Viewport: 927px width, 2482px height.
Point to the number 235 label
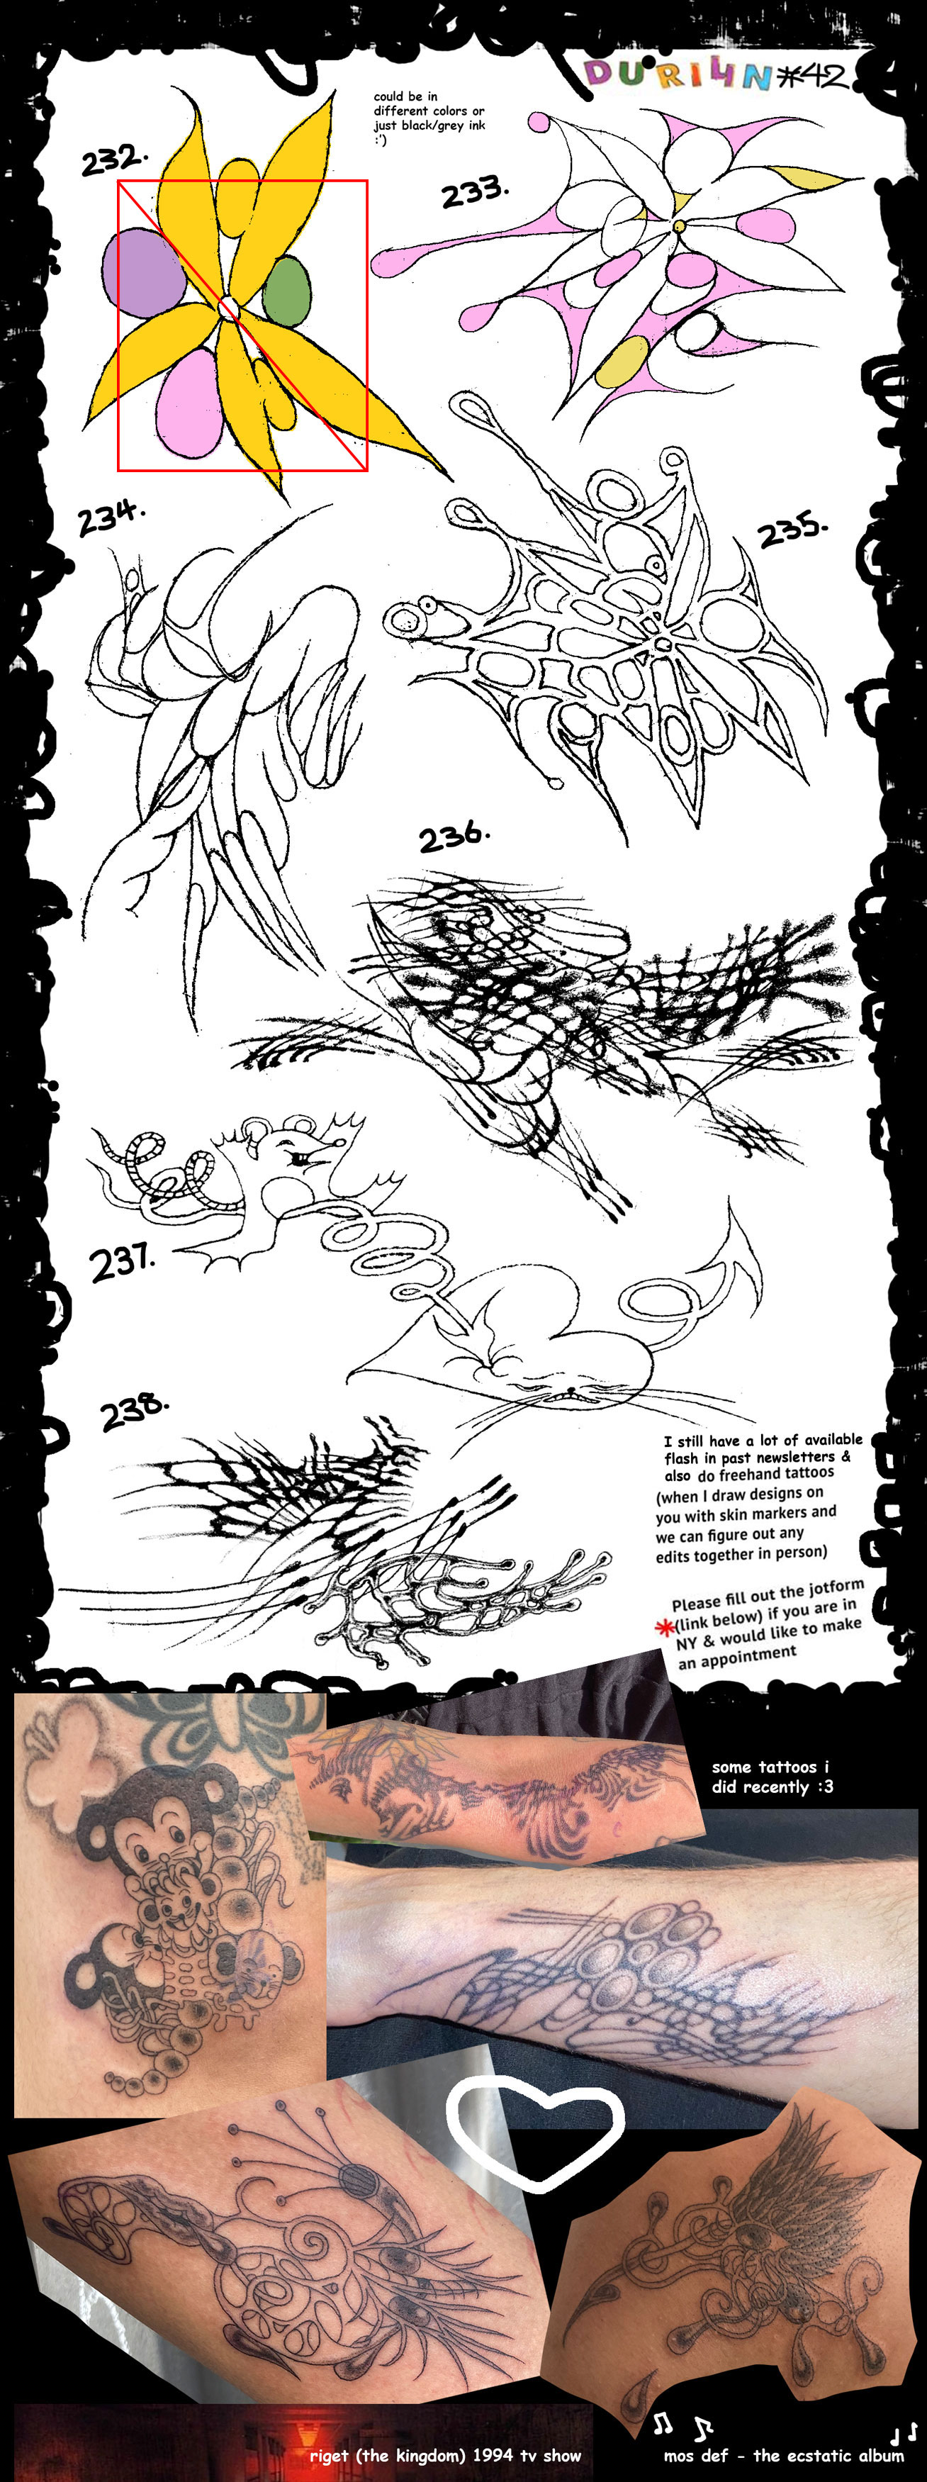coord(792,532)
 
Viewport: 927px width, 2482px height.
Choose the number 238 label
coord(134,1412)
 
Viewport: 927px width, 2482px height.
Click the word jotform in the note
coord(834,1587)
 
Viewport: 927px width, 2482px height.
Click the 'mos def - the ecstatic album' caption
coord(783,2454)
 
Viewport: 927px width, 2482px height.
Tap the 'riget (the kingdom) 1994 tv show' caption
coord(445,2454)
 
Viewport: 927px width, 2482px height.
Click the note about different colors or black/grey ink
coord(429,118)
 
